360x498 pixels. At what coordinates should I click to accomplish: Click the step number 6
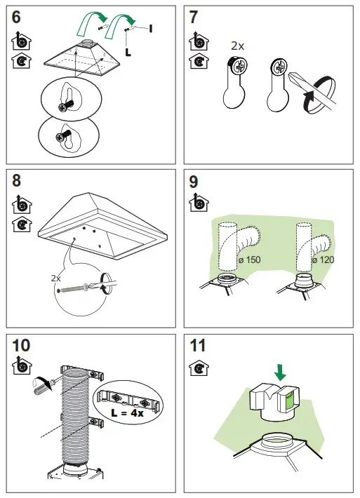point(16,17)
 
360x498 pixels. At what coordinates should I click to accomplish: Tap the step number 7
point(193,17)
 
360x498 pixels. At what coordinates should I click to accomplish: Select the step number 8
point(16,180)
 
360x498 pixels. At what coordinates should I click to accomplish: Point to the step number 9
point(193,182)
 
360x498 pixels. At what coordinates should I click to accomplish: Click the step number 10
point(21,346)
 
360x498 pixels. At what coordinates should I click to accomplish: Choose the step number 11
point(197,346)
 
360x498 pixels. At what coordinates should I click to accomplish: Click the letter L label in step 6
point(128,52)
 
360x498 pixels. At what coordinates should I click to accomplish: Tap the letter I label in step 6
point(151,29)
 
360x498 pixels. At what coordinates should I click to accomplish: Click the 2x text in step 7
point(237,46)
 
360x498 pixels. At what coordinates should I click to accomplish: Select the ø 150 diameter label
point(249,260)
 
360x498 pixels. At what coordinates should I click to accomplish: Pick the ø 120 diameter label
point(323,260)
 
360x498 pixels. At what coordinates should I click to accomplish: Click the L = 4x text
point(128,413)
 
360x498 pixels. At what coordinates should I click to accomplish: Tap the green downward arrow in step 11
point(280,372)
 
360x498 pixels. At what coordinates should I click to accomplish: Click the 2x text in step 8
point(55,278)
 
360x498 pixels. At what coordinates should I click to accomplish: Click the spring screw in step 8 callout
point(74,289)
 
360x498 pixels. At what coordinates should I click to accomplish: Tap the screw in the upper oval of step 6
point(66,105)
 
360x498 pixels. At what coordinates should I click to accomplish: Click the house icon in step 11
point(199,368)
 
